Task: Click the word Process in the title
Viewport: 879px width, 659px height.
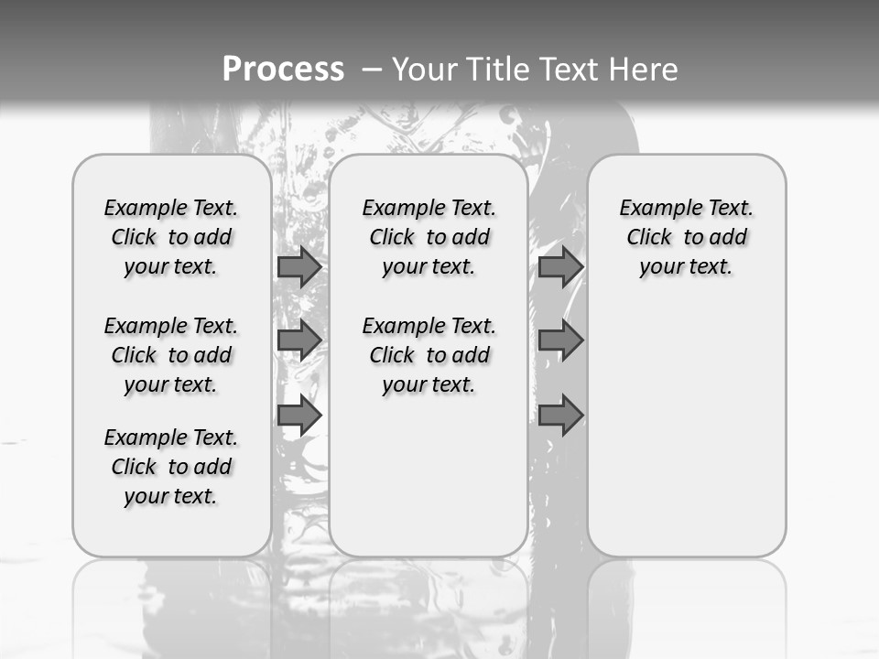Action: (283, 69)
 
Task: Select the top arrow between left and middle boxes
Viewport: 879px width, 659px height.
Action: (298, 267)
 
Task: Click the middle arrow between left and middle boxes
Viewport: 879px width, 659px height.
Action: (298, 340)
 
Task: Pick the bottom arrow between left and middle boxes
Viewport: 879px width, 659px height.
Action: (298, 416)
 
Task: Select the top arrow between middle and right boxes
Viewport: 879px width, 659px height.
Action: (560, 267)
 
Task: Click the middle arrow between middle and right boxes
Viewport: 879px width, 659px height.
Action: (560, 340)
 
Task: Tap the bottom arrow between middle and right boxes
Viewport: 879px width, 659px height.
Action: (560, 416)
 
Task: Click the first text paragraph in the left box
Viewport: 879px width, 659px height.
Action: (171, 237)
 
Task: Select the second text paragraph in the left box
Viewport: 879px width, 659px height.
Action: (171, 355)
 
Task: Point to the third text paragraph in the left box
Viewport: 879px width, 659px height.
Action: (171, 467)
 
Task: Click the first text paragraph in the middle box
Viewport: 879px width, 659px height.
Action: (429, 237)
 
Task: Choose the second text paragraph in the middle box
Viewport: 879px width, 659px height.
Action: (429, 355)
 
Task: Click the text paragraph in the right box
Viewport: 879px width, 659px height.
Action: (687, 237)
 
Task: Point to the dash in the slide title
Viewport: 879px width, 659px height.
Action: (372, 70)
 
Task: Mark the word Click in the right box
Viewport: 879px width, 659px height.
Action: (649, 238)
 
